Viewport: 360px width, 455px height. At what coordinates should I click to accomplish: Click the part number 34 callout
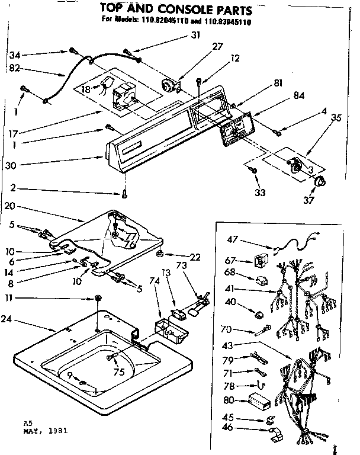click(15, 55)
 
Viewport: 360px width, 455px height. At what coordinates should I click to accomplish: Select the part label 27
click(201, 47)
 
